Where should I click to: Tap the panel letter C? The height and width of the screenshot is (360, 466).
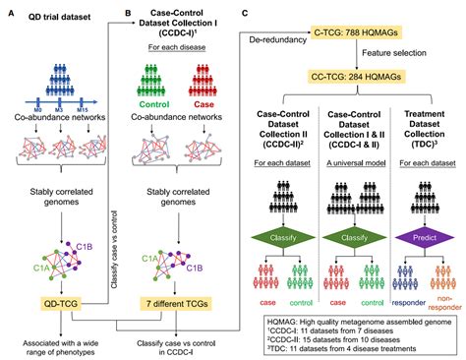245,14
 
